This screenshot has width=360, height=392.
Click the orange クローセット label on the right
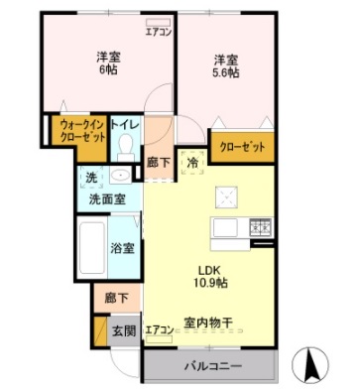pos(243,146)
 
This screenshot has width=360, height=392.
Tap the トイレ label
pos(124,125)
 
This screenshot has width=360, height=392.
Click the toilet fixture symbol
pos(125,148)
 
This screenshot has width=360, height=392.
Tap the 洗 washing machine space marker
pos(91,178)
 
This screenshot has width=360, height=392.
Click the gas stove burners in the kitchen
pos(261,227)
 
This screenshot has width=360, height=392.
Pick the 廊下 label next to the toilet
pos(158,163)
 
